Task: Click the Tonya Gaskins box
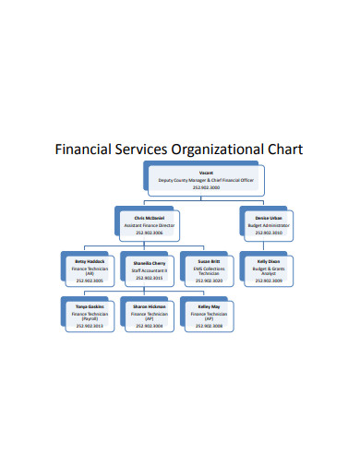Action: pos(90,316)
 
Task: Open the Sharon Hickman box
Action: pos(147,316)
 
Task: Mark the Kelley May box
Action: pos(208,316)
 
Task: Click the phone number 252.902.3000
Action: pos(206,188)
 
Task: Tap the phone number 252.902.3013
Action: pos(90,326)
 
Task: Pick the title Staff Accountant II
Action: pos(147,269)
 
